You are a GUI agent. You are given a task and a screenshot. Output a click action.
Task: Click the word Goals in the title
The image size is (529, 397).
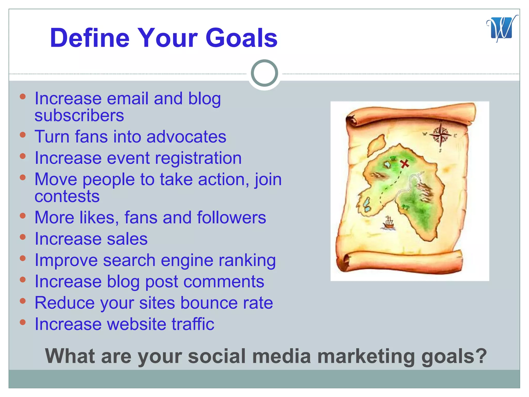(x=241, y=38)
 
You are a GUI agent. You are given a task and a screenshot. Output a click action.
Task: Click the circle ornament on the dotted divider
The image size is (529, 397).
(x=264, y=73)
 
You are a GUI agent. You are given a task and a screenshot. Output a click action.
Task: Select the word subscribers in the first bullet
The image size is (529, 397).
(x=79, y=115)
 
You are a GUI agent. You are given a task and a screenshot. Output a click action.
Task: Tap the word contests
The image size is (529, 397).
(x=67, y=196)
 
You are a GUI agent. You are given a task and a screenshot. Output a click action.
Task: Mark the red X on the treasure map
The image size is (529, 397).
(x=404, y=164)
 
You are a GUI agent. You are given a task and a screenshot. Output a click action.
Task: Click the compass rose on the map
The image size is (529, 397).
(x=440, y=135)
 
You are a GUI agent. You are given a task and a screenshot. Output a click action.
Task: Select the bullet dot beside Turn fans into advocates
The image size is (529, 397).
(x=23, y=135)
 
